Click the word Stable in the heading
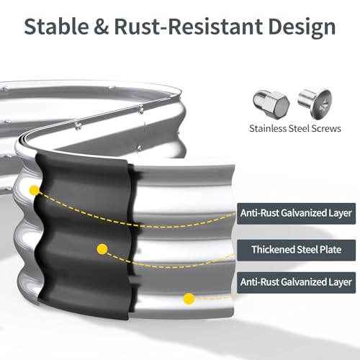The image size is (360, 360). tap(56, 26)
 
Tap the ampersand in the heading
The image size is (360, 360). tap(102, 27)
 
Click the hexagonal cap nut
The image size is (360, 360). tap(271, 104)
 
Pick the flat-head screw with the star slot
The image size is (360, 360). tap(315, 104)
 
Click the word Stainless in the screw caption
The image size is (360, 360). tap(267, 128)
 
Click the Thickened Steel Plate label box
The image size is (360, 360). tap(296, 250)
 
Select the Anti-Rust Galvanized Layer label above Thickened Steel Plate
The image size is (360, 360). tap(296, 213)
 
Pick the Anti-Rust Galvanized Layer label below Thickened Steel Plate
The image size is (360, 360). tap(296, 282)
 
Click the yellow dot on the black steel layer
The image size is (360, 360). tap(102, 249)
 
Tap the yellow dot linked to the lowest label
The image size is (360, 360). tap(189, 299)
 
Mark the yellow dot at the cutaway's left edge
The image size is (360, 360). tap(35, 190)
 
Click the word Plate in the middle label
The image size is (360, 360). tap(330, 250)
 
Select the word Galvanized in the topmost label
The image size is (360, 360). tap(303, 213)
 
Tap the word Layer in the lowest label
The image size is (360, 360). tap(340, 282)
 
